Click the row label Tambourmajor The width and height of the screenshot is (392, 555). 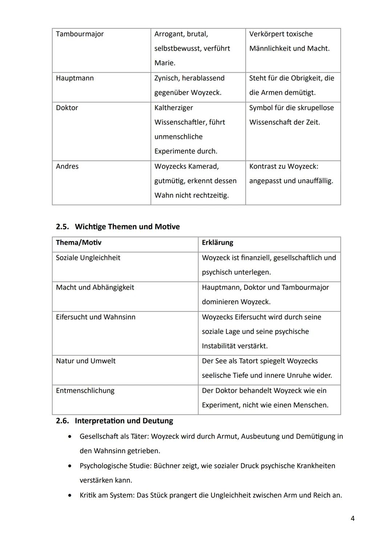[x=79, y=34]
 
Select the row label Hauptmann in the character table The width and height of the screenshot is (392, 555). [x=75, y=78]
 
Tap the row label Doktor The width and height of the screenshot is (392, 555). [x=67, y=108]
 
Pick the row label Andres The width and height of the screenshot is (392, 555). [x=67, y=166]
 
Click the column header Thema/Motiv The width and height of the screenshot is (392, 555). [x=78, y=243]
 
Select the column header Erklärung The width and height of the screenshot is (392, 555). [x=217, y=243]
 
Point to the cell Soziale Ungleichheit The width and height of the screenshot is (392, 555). [x=88, y=258]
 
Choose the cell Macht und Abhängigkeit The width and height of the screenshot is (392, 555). [x=95, y=287]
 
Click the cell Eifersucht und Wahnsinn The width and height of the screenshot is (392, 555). [x=95, y=317]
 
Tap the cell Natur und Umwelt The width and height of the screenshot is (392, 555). [x=86, y=361]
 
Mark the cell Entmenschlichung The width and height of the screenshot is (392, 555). [x=85, y=391]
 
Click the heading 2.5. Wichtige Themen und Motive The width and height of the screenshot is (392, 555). [x=118, y=227]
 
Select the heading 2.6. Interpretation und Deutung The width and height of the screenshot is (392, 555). [x=114, y=421]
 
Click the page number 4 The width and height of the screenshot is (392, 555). [x=352, y=519]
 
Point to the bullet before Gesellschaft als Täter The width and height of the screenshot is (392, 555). [x=70, y=436]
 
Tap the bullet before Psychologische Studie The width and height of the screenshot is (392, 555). [x=70, y=466]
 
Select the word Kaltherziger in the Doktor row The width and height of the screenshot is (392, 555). [x=173, y=108]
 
